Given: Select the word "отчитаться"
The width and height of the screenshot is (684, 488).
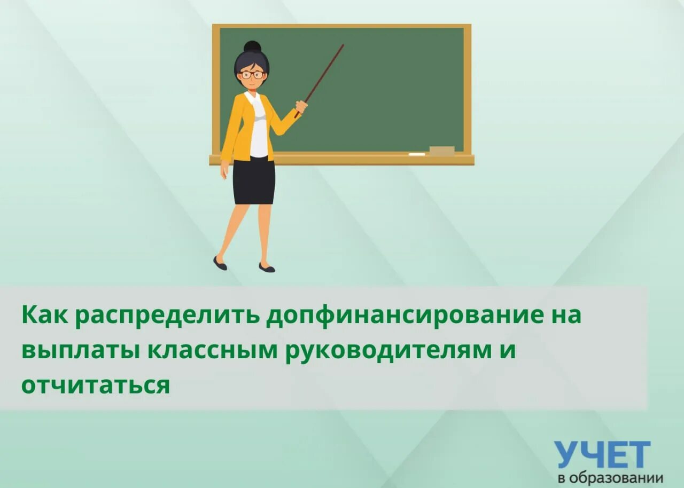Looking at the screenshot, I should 96,385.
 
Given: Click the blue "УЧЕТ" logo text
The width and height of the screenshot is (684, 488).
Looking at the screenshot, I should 602,455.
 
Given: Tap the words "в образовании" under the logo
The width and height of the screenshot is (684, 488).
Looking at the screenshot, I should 610,477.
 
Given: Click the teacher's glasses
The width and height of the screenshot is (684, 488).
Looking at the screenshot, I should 252,75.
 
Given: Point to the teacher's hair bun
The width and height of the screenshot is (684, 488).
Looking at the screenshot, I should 252,47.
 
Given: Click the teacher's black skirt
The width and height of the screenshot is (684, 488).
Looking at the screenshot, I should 254,180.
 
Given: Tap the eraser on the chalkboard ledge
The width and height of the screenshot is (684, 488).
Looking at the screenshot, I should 442,151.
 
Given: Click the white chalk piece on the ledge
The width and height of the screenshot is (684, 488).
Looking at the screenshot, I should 417,154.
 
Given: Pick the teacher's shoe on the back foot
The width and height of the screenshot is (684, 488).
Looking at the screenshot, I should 220,263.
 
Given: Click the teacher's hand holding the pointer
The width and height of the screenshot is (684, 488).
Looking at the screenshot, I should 301,107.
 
